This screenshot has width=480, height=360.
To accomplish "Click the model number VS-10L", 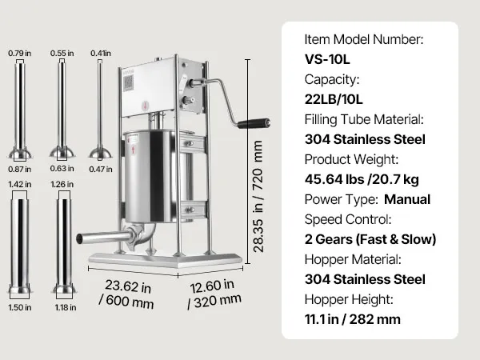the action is (x=327, y=59).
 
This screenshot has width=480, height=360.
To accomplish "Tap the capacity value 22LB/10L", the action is (x=334, y=99).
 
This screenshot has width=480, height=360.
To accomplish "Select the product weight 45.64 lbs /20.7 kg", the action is (x=362, y=179).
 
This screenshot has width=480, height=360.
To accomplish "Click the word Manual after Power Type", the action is (x=407, y=199).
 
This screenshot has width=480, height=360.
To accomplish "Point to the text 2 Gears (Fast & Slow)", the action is (x=370, y=239).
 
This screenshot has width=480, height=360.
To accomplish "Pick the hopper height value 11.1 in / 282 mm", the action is (x=353, y=319).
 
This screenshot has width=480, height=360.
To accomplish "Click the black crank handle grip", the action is (x=254, y=123).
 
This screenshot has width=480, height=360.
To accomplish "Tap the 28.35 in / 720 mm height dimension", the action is (x=258, y=196).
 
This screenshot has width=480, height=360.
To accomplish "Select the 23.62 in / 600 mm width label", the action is (x=127, y=294).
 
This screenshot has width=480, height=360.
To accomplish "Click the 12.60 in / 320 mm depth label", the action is (x=214, y=294).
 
